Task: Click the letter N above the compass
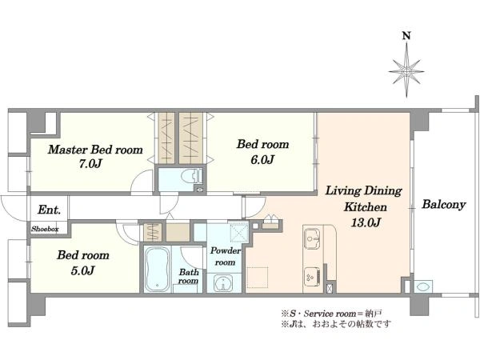(406, 36)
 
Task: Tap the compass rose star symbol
(406, 71)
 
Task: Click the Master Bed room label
(95, 150)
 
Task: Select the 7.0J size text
(90, 164)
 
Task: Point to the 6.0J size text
(262, 159)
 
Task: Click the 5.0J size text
(82, 270)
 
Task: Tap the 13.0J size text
(366, 222)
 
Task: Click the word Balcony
(444, 204)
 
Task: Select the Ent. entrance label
(49, 210)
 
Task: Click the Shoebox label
(45, 229)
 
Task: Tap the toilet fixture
(191, 177)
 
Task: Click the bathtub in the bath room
(157, 270)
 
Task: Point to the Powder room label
(225, 257)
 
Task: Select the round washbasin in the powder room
(223, 283)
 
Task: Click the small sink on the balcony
(424, 287)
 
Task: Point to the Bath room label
(188, 276)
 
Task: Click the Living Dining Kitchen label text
(364, 198)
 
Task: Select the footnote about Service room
(332, 314)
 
